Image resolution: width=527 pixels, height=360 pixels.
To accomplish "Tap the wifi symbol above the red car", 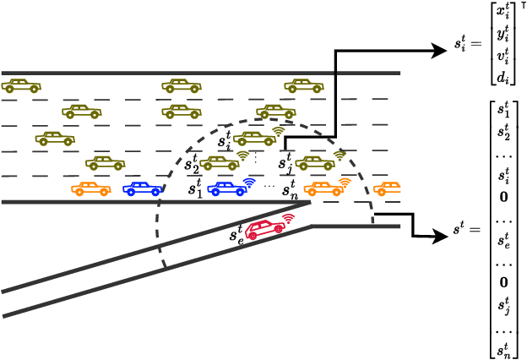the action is point(288,219).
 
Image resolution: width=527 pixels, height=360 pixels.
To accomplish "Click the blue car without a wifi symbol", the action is point(141,188).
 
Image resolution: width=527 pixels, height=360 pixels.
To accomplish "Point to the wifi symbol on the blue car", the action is point(249,182).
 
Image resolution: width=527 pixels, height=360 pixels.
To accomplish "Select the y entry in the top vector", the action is point(503,35).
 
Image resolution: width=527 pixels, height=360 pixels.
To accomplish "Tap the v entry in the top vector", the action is point(503,56).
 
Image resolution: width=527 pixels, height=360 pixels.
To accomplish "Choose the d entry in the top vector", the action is point(503,77).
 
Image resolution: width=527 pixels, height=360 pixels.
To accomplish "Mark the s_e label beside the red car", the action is point(236,236).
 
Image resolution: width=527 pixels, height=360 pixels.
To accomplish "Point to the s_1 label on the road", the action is point(194,188).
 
